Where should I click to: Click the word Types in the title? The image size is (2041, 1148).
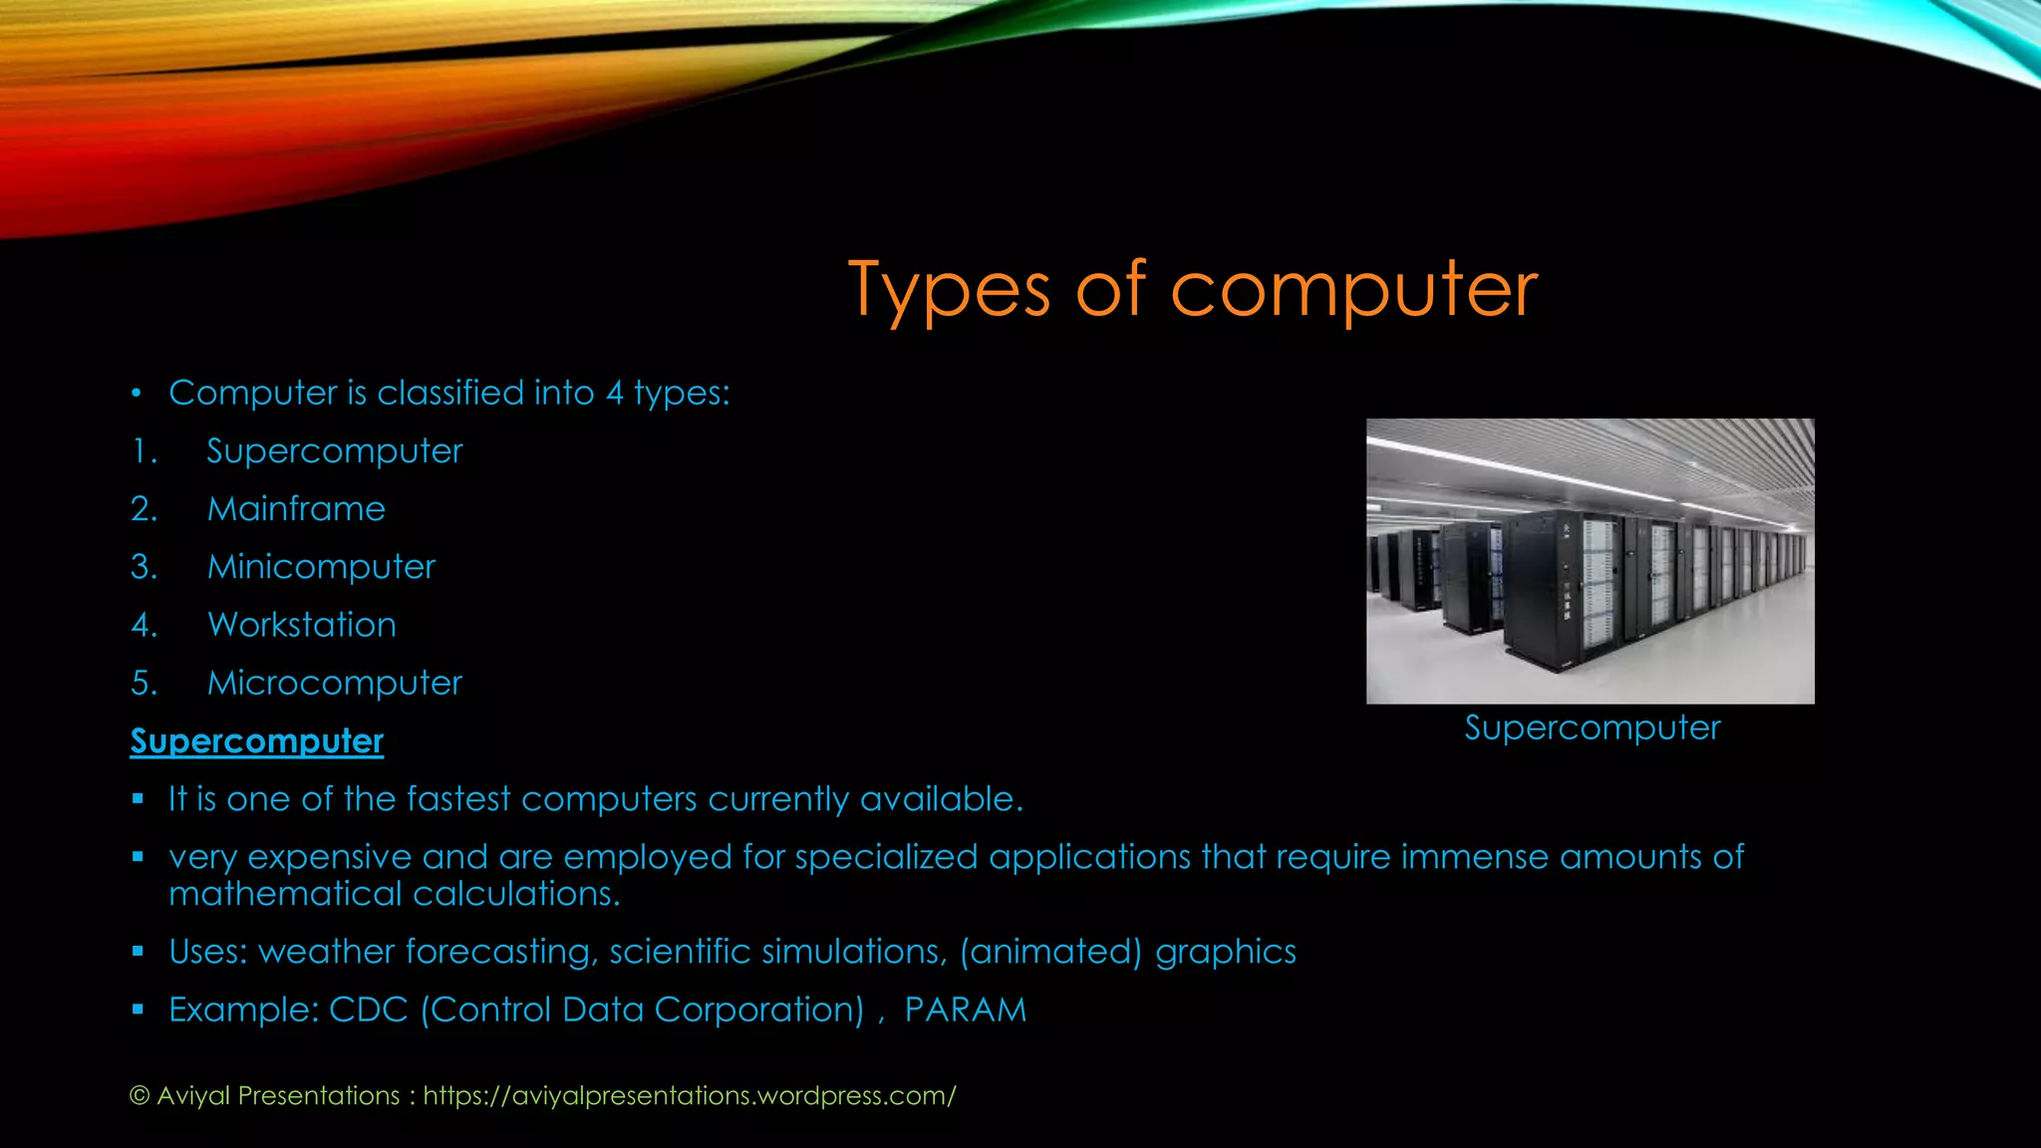[x=949, y=291]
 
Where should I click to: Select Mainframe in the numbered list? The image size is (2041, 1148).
[x=296, y=509]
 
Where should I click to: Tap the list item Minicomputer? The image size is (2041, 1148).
[x=321, y=567]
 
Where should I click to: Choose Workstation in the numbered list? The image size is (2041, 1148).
[x=302, y=625]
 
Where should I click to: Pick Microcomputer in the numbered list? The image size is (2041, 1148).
[x=335, y=683]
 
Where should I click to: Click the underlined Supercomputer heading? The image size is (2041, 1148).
[x=257, y=741]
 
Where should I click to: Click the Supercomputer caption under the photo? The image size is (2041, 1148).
[x=1592, y=727]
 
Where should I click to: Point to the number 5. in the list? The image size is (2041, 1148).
[x=144, y=683]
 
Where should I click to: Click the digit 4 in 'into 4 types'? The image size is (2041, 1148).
[x=615, y=393]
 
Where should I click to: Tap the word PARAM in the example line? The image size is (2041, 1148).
[x=965, y=1009]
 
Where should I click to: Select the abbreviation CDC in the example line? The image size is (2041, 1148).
[x=368, y=1009]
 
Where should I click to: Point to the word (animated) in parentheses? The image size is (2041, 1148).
[x=1050, y=952]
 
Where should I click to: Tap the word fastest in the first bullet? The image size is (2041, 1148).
[x=458, y=799]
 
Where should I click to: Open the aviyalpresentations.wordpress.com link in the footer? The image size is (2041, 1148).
[x=690, y=1095]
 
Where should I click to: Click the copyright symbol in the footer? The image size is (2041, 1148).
[x=140, y=1096]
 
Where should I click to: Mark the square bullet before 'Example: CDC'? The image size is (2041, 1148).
[x=139, y=1009]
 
